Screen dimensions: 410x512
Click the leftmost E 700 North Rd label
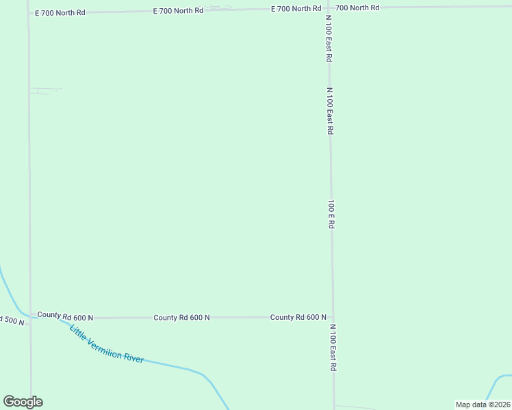[x=60, y=12]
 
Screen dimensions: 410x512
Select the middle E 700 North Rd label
[x=178, y=10]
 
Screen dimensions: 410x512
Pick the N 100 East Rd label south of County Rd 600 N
[x=333, y=348]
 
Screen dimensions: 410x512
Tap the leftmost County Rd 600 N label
[x=65, y=315]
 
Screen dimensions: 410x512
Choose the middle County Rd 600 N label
[x=181, y=317]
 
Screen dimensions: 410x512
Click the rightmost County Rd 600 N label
[x=298, y=317]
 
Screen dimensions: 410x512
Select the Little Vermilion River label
[x=106, y=343]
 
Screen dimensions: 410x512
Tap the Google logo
[x=23, y=402]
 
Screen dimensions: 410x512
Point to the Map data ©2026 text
[x=482, y=405]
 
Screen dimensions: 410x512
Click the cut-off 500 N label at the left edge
[x=12, y=320]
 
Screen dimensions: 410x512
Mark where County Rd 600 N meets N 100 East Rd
[x=333, y=318]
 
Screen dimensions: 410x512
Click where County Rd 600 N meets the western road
[x=30, y=318]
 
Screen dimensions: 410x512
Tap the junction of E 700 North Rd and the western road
[x=29, y=13]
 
